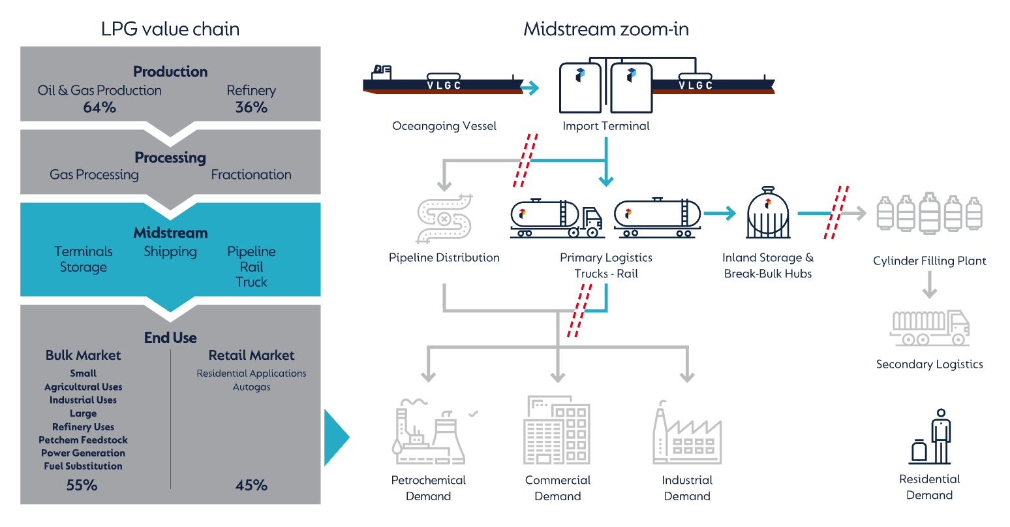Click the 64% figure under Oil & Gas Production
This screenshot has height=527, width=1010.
[x=99, y=107]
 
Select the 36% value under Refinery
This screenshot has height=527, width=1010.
[x=251, y=107]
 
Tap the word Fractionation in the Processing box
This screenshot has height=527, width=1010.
[x=251, y=174]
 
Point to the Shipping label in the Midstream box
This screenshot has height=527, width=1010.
[x=170, y=251]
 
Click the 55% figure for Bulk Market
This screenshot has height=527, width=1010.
[x=82, y=485]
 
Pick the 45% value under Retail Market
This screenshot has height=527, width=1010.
[x=251, y=485]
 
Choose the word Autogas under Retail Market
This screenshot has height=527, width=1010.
[x=251, y=387]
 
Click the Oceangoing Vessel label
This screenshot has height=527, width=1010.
[x=444, y=126]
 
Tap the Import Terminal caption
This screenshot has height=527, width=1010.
[x=606, y=126]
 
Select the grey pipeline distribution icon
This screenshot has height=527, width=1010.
[x=444, y=218]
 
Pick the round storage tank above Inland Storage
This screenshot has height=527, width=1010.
[x=768, y=214]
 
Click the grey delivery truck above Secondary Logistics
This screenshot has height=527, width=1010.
[x=930, y=327]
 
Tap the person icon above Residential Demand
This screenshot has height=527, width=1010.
[x=931, y=437]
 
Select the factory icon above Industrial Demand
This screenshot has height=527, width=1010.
[x=687, y=434]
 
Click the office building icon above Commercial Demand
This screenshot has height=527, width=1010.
[x=557, y=430]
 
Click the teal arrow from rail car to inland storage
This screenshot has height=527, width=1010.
[x=720, y=213]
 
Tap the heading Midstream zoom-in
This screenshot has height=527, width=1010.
[x=606, y=29]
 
